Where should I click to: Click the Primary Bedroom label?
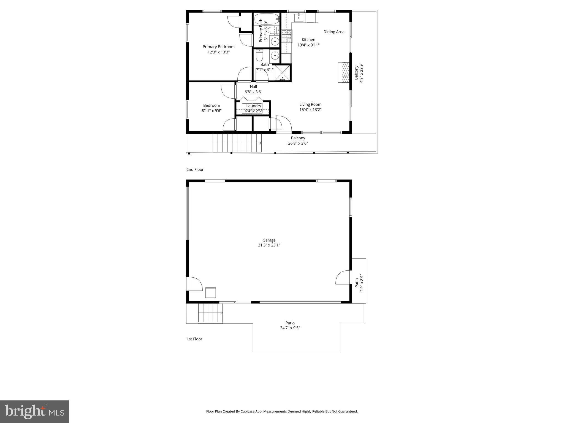tap(218, 47)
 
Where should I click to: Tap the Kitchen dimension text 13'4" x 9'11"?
tap(308, 45)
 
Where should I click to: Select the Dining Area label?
tap(334, 32)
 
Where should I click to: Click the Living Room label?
tap(310, 104)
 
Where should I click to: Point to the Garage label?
tap(269, 240)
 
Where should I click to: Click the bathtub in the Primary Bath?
tap(266, 19)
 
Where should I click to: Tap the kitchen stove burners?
tap(287, 36)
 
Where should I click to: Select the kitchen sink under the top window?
tap(299, 18)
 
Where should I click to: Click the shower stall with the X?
tap(283, 73)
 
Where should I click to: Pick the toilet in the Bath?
tap(259, 56)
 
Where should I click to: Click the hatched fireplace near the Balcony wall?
tap(344, 72)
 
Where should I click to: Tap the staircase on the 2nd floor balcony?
tap(237, 143)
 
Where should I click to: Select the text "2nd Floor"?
tap(195, 170)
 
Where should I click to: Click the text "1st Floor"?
tap(194, 339)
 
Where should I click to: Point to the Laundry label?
tap(254, 106)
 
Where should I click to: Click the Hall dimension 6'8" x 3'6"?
tap(253, 92)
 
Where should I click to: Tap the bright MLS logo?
tap(34, 411)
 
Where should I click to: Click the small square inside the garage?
tap(211, 293)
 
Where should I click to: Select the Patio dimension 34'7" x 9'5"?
tap(290, 328)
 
